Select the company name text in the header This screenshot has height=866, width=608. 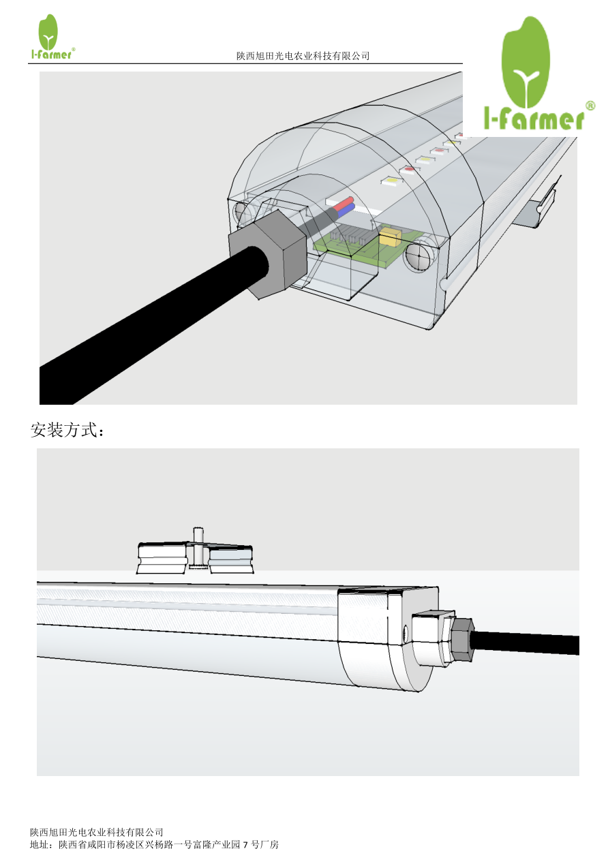(x=303, y=56)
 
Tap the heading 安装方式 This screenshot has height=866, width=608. (x=67, y=431)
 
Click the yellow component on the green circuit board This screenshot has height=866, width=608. (x=390, y=237)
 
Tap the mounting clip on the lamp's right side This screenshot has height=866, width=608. (x=538, y=206)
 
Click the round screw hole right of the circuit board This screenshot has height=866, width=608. (x=418, y=258)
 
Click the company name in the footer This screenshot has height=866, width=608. (x=97, y=832)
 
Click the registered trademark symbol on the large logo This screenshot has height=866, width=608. (x=590, y=106)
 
